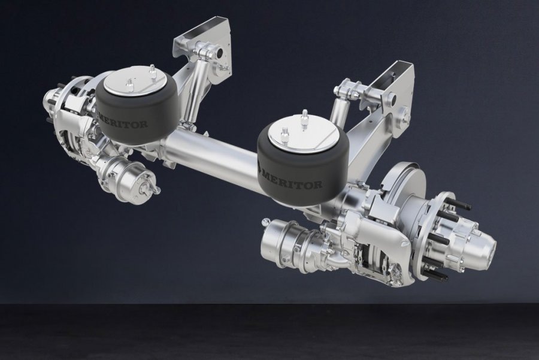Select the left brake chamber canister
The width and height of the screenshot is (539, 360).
click(127, 176)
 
